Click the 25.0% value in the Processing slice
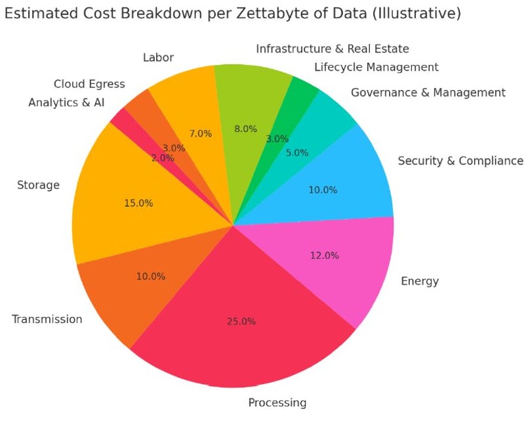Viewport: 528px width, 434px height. [x=242, y=322]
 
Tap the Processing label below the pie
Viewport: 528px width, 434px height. [x=277, y=402]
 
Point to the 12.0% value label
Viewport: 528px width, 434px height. [x=324, y=255]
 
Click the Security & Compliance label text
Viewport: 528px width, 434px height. [x=460, y=161]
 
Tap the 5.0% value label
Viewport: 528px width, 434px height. [x=296, y=153]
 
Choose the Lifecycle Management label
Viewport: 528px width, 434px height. [x=376, y=67]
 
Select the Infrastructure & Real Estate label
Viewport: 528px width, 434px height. [x=333, y=49]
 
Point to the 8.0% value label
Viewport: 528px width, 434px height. [x=245, y=129]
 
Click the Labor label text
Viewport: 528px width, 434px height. [x=158, y=58]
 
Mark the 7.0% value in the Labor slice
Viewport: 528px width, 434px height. [x=200, y=133]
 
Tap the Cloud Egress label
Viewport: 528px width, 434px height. [x=89, y=84]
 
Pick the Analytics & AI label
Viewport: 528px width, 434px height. [x=66, y=102]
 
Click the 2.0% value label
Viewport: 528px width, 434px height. [x=163, y=158]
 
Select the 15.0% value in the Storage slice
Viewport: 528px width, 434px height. [x=138, y=204]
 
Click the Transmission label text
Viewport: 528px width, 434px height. [x=47, y=319]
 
